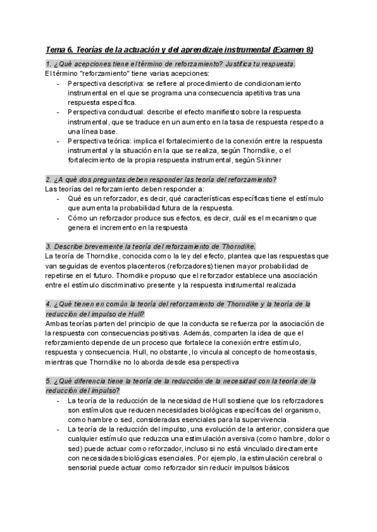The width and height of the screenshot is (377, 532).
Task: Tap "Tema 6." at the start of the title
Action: coord(60,50)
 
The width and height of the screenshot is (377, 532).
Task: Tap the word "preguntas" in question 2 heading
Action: coord(104,179)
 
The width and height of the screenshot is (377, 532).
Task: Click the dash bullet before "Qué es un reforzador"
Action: coord(59,199)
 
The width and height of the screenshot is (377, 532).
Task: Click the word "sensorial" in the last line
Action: coord(89,468)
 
